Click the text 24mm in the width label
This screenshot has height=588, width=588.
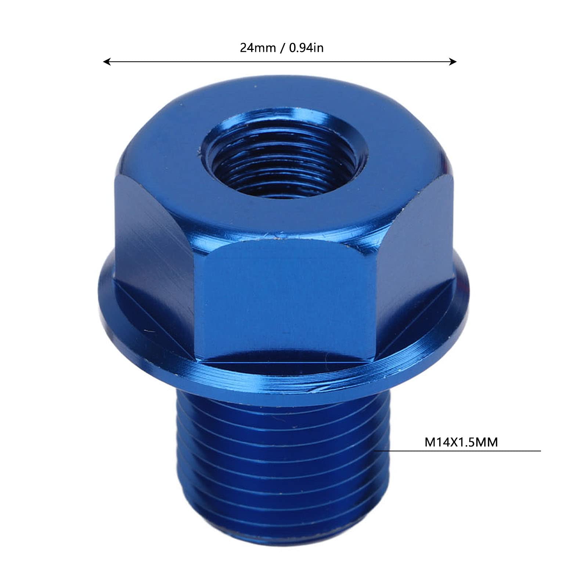tap(257, 48)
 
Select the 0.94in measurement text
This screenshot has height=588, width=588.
tap(306, 48)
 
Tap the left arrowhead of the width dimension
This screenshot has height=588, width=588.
tap(107, 62)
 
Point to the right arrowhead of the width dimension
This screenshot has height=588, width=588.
tap(453, 62)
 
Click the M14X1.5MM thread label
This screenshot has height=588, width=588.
tap(461, 442)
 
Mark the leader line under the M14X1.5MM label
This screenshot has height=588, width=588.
tap(457, 451)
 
